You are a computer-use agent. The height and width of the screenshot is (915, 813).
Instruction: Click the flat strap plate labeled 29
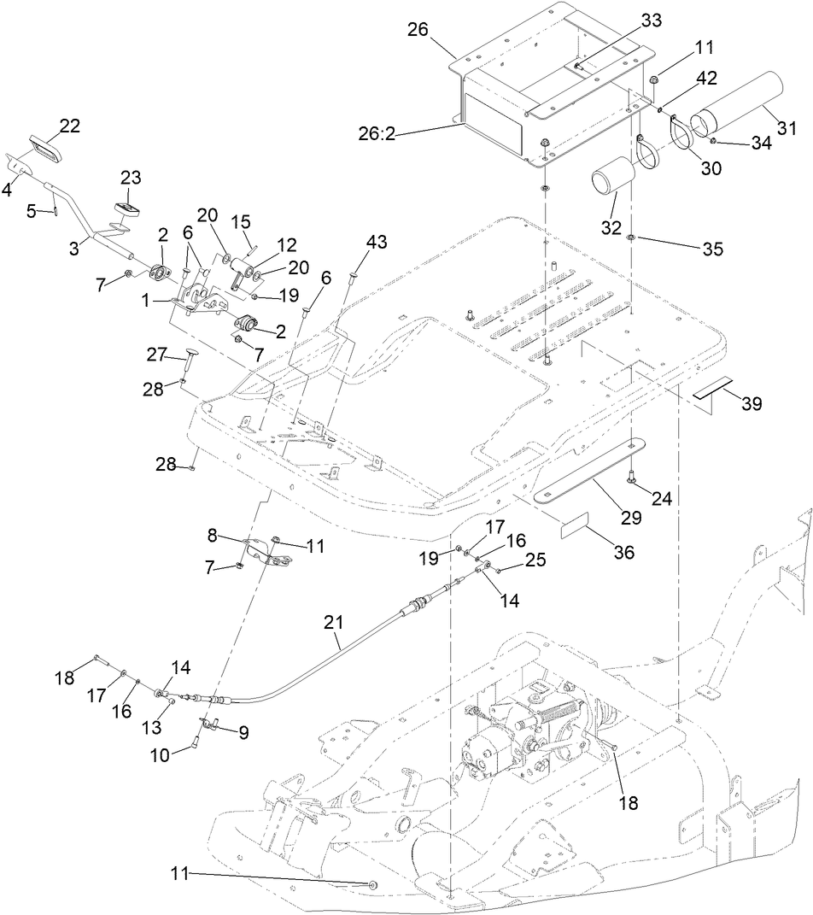[589, 472]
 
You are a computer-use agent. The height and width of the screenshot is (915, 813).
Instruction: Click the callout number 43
[377, 243]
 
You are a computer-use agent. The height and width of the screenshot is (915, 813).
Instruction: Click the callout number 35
[712, 249]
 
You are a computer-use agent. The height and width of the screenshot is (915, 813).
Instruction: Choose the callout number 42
[705, 77]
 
